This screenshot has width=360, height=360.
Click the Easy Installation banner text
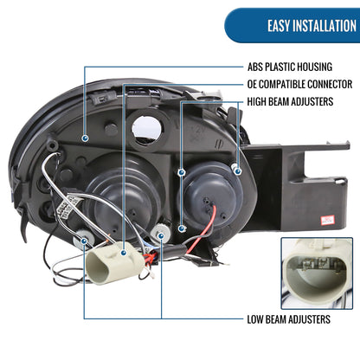pos(312,26)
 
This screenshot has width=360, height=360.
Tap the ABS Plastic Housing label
pos(290,67)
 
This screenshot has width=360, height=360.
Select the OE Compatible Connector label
pos(299,84)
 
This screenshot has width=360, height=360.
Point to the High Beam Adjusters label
pos(290,101)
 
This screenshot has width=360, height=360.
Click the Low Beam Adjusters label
pos(289,319)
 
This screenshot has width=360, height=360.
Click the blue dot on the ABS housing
pos(85,138)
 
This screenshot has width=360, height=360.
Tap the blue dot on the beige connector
pos(124,253)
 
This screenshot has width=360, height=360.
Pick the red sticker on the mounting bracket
pos(328,220)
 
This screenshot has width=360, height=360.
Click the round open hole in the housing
pos(146,129)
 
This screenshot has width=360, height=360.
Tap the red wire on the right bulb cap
pos(202,229)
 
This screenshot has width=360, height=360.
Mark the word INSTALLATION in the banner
pos(325,26)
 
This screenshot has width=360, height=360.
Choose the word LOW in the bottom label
pos(255,319)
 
